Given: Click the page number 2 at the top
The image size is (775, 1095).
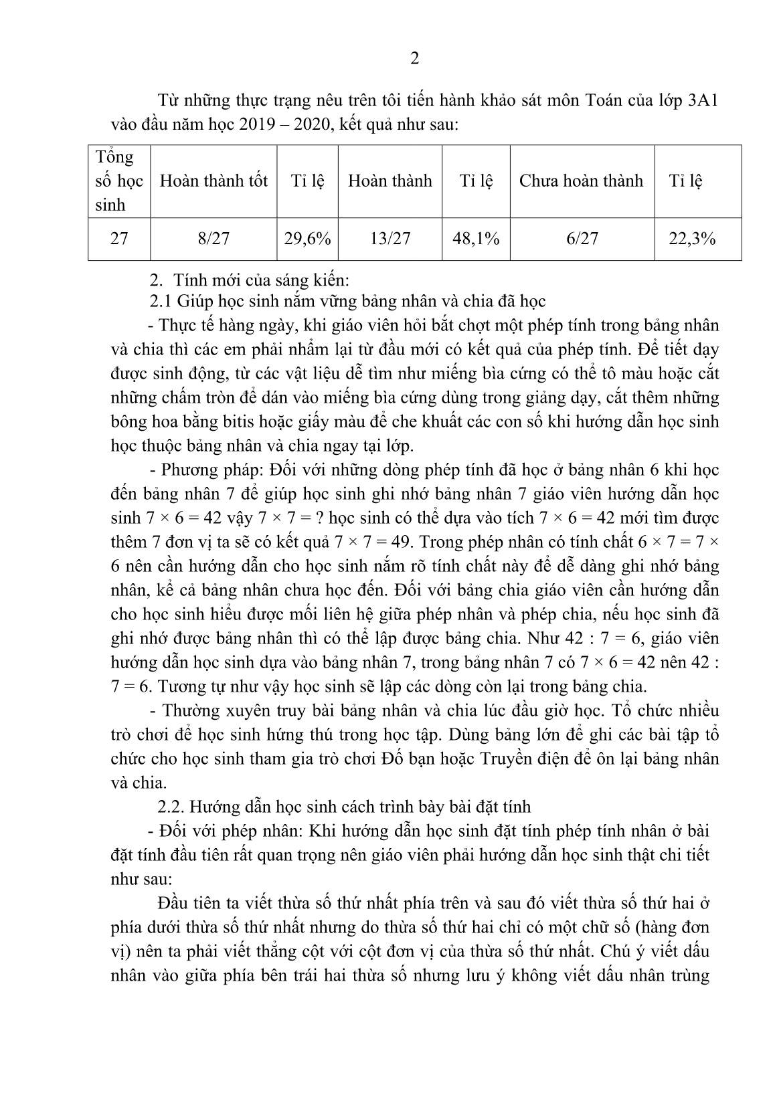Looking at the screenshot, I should pos(414,60).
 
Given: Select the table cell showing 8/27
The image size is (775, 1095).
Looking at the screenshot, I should pos(213,239).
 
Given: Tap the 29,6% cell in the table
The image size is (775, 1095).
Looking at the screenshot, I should pos(307,239).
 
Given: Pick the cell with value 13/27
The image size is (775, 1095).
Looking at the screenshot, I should pos(390,239).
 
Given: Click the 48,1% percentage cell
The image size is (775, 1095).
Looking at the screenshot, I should pos(476,239).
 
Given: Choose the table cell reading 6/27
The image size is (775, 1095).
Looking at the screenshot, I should pos(582,239).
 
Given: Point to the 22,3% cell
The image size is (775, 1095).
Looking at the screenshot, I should pos(693,239).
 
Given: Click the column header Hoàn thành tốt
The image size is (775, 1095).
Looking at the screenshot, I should pos(213,181).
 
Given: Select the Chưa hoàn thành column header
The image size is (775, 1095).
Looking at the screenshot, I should pos(581,181).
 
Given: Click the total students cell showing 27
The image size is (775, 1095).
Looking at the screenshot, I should pos(118,239).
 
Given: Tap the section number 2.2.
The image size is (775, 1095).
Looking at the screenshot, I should pos(169,806).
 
